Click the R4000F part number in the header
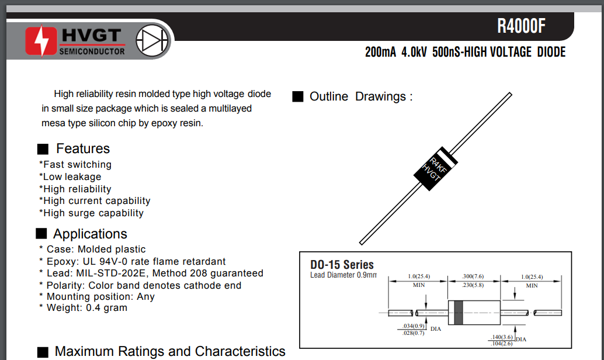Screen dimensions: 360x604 coord(521,26)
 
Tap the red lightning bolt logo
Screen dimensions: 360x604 coord(41,41)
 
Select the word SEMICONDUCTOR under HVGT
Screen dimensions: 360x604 coord(92,51)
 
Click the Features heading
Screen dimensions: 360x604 coord(83,148)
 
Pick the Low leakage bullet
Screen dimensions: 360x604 coord(70,176)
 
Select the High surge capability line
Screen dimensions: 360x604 coord(91,213)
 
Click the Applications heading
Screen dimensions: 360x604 coord(90,234)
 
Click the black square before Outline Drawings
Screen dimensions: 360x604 coord(298,97)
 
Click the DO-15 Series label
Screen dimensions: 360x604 coord(342,264)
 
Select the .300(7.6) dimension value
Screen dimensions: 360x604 coord(473,276)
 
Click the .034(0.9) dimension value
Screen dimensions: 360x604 coord(414,326)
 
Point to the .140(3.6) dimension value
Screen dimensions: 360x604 coord(501,337)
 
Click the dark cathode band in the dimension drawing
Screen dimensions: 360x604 coord(458,313)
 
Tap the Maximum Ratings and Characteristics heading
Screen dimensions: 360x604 coord(170,351)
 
